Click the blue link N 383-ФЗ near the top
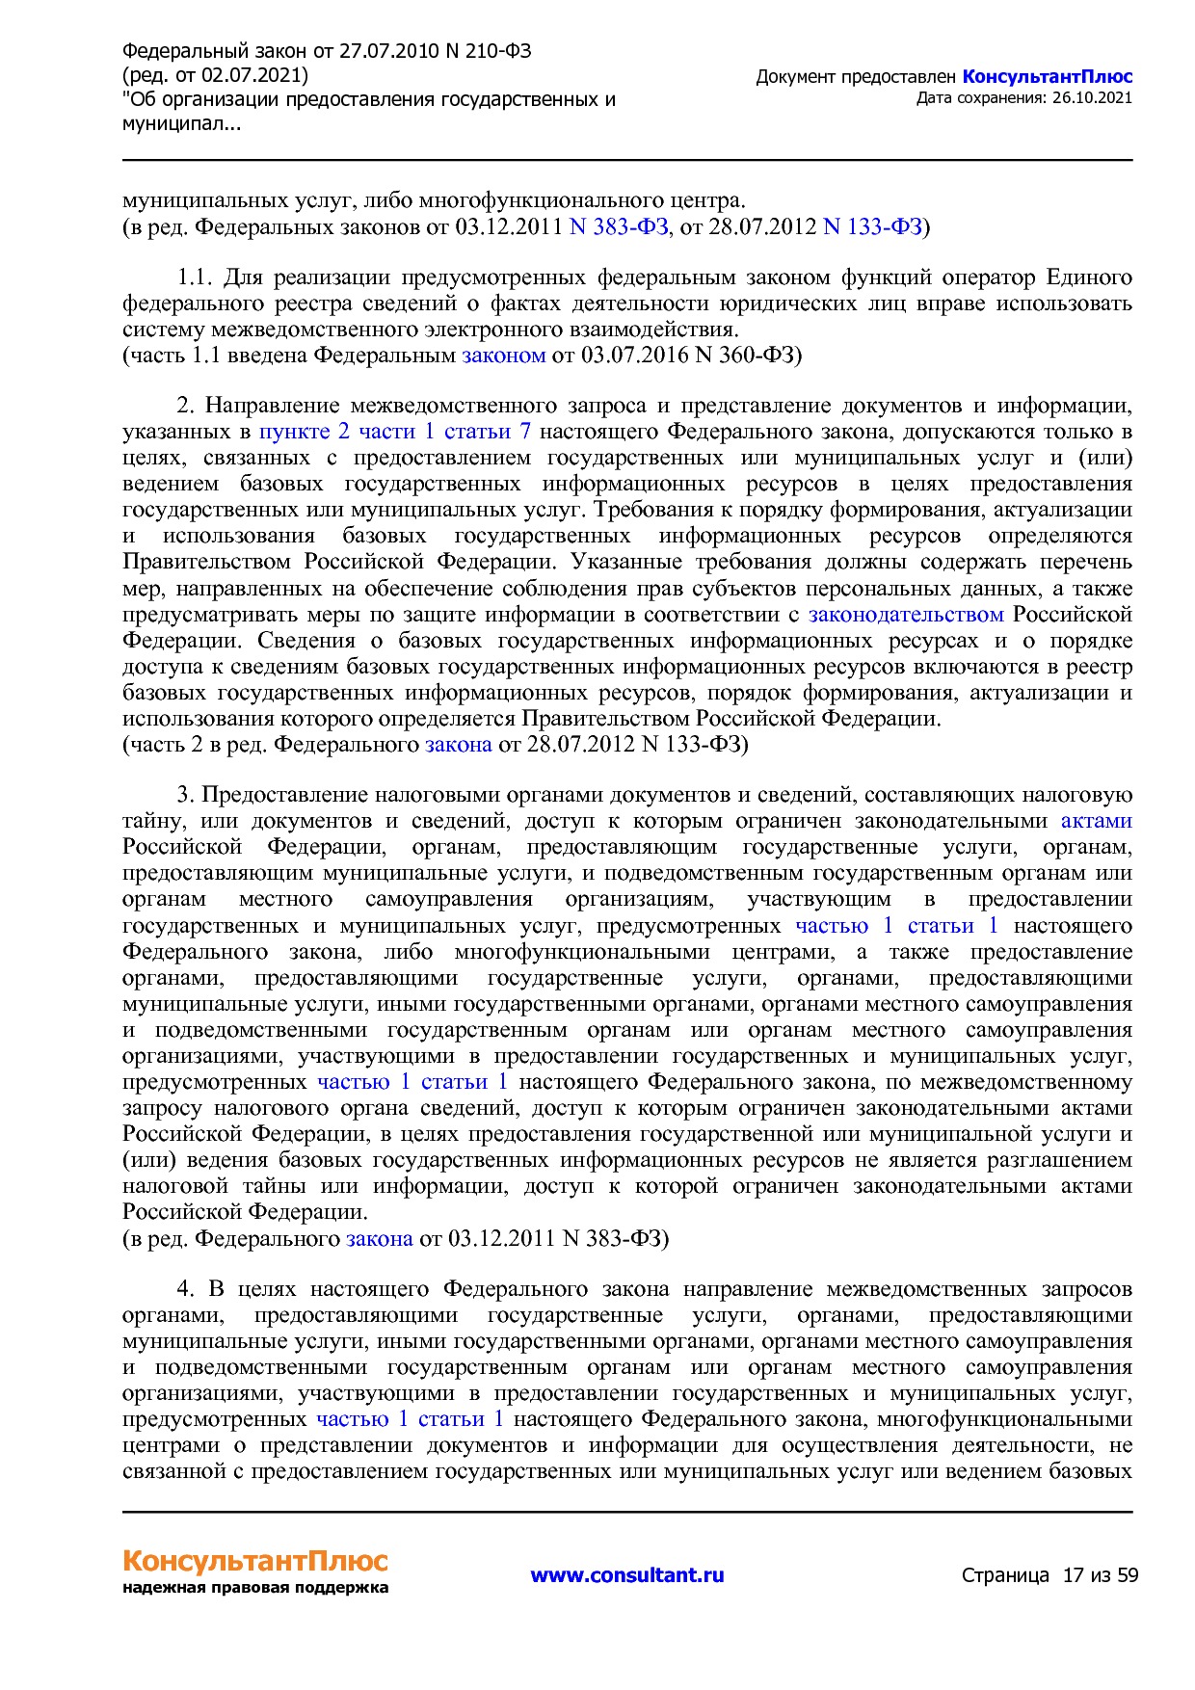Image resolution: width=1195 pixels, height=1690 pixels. [x=619, y=227]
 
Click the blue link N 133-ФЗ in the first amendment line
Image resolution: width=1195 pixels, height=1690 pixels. [x=872, y=227]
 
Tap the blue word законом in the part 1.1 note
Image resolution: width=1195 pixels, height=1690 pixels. [x=504, y=356]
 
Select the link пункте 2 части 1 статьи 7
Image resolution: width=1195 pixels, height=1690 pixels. [x=395, y=432]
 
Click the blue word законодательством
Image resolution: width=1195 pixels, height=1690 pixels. [x=906, y=615]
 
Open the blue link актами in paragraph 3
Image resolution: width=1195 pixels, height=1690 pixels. [x=1096, y=821]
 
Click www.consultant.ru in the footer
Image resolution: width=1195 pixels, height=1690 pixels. [x=627, y=1575]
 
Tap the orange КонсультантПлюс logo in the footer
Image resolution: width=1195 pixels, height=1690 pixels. [x=255, y=1560]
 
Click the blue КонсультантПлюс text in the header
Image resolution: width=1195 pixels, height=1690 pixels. [x=1047, y=77]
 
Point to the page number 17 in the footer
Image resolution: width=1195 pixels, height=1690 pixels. [x=1073, y=1575]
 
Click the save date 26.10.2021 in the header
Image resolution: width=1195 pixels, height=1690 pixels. [x=1092, y=97]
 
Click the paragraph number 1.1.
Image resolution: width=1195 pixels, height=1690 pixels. [x=194, y=278]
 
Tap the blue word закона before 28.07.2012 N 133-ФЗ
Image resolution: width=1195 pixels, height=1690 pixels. [x=459, y=745]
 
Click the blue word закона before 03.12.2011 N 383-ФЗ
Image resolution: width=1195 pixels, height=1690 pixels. [x=379, y=1239]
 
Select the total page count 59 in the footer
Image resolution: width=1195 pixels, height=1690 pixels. [x=1127, y=1575]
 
